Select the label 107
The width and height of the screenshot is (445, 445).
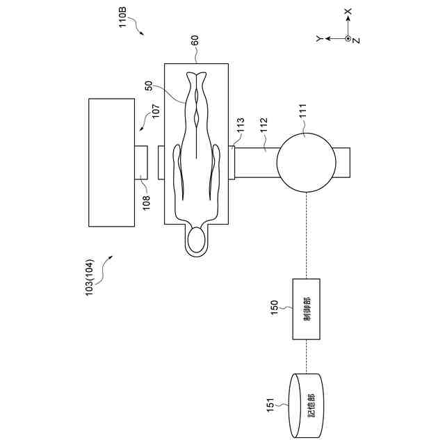click(x=154, y=113)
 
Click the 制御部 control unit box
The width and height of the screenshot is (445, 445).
click(x=307, y=309)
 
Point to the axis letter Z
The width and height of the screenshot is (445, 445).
click(x=355, y=40)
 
